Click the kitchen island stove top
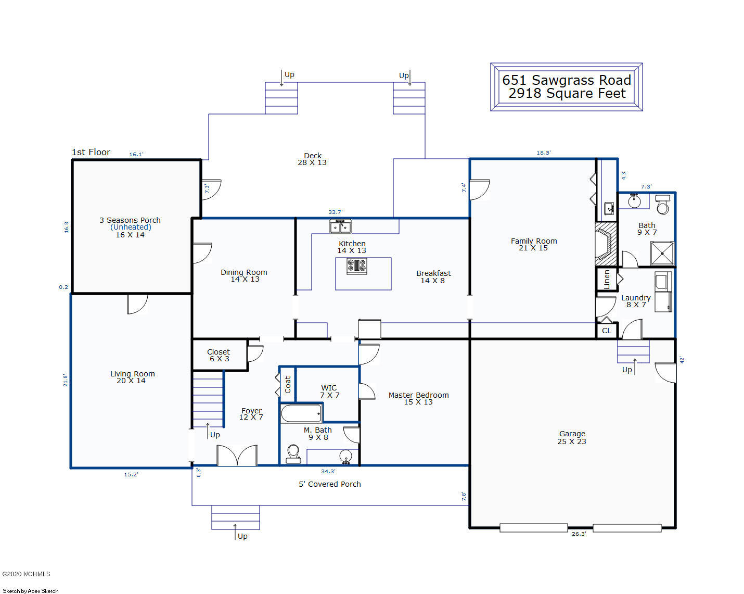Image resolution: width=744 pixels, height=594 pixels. (357, 267)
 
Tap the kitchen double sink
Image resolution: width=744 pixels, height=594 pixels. (340, 226)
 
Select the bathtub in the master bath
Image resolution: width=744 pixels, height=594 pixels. (301, 413)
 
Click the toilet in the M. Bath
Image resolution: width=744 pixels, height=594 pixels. (293, 454)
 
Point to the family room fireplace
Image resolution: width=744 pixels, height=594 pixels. (606, 244)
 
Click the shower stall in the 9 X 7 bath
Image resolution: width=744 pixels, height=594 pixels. (662, 254)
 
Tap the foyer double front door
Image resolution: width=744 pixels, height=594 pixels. (237, 455)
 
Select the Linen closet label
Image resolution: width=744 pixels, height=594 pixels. (607, 280)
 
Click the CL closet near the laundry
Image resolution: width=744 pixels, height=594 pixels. (607, 331)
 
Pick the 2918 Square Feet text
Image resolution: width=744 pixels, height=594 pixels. (567, 93)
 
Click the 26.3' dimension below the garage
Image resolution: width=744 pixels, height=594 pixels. (579, 534)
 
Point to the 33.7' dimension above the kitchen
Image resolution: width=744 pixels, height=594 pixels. (336, 212)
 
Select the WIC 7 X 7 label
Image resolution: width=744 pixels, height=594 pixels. (329, 391)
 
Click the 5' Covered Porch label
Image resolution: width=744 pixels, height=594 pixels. (329, 484)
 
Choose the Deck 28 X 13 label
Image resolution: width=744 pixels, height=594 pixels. (312, 159)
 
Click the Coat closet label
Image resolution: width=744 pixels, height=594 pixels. (288, 384)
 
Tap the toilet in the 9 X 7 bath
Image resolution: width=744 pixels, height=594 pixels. (663, 205)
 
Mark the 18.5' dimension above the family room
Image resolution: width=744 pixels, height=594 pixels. (544, 153)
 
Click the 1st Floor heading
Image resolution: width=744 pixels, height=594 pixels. (91, 152)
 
